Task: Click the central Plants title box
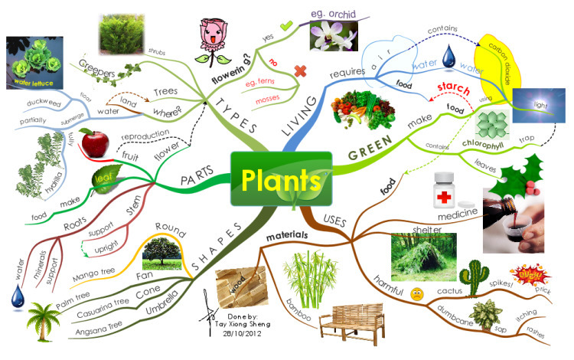pos(281,179)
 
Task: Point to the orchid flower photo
pos(333,35)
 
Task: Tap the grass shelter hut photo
pos(418,256)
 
